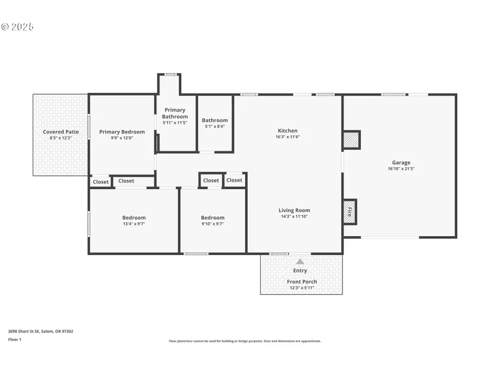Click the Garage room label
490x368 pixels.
(401, 162)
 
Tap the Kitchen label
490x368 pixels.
(287, 131)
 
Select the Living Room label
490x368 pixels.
(294, 210)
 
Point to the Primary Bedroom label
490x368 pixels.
(122, 132)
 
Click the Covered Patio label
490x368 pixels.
(61, 132)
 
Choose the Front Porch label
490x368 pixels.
(302, 282)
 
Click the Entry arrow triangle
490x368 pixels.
(300, 262)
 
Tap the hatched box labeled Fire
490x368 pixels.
(350, 212)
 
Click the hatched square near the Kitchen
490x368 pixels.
(351, 140)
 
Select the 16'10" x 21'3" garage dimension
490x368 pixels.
(401, 169)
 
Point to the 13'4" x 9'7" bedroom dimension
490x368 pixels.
(134, 224)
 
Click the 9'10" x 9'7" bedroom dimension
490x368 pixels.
(212, 224)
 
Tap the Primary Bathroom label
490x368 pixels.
(175, 113)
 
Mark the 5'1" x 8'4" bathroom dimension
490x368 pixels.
(215, 126)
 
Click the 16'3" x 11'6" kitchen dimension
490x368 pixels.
(287, 137)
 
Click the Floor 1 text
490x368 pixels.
(15, 339)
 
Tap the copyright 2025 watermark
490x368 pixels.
(17, 26)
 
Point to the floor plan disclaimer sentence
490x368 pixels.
(244, 341)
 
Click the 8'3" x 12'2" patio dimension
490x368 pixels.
(61, 138)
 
